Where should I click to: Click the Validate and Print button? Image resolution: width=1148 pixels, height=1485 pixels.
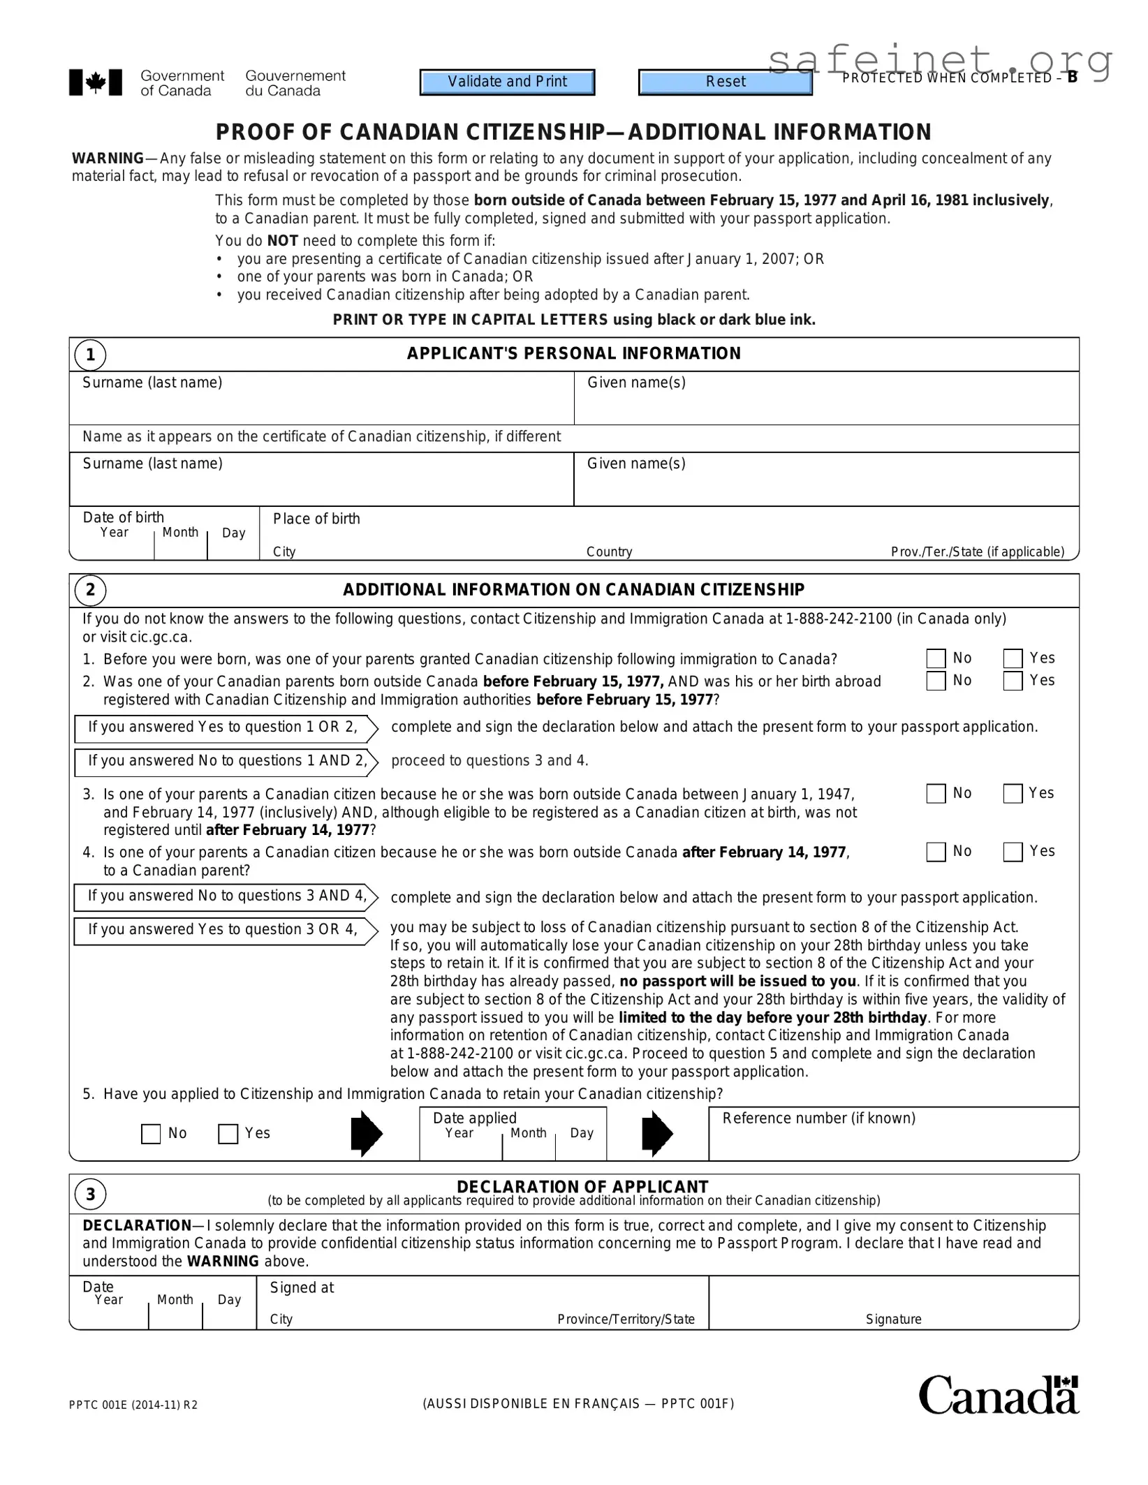coord(507,82)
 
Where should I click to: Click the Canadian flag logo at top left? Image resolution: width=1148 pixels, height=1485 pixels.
coord(96,82)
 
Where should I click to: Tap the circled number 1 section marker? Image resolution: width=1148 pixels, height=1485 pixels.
coord(90,355)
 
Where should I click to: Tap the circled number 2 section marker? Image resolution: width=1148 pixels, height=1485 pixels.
coord(90,591)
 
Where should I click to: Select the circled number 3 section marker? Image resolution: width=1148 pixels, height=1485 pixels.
coord(90,1195)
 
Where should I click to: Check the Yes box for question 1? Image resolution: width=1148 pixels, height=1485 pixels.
coord(1013,658)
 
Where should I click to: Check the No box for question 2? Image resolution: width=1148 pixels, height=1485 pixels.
coord(936,681)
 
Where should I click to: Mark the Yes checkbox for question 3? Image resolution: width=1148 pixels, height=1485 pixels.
coord(1013,794)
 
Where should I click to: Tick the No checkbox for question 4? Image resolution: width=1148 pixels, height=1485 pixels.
coord(936,852)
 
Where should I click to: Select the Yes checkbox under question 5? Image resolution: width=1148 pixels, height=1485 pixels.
coord(228,1134)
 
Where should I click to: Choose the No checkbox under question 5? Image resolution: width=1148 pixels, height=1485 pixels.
coord(151,1134)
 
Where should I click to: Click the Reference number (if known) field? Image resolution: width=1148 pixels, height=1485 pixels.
coord(893,1142)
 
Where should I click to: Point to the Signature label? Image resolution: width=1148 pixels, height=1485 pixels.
coord(893,1320)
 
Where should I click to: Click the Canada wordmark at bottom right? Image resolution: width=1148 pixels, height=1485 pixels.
coord(998,1396)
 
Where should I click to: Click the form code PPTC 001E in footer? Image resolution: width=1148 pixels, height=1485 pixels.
coord(133,1405)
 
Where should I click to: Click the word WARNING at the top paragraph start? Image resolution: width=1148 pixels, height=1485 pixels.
coord(108,158)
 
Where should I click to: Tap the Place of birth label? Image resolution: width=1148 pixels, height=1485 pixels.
coord(316,519)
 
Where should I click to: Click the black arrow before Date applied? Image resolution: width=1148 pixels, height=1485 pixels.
coord(367,1133)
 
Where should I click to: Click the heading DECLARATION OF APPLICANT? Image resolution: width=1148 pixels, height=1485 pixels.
coord(582,1187)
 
